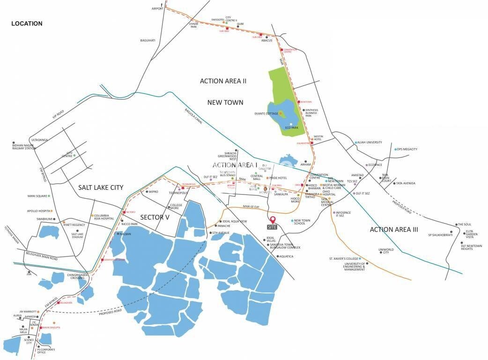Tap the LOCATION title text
pos(27,23)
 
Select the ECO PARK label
pos(292,127)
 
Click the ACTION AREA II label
pos(223,81)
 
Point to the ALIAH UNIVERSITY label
pos(370,142)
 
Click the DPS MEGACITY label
pos(407,149)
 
